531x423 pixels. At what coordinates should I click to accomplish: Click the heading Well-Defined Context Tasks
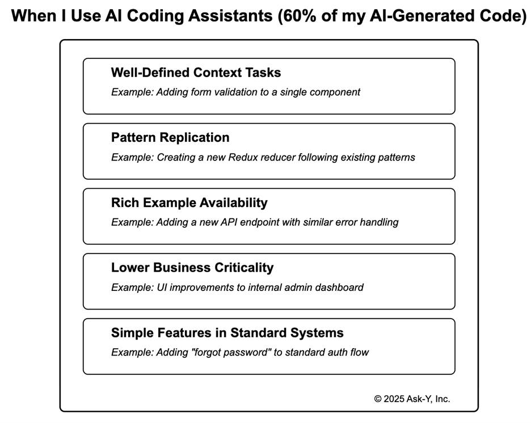(196, 73)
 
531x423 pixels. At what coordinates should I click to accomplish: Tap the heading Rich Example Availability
(189, 203)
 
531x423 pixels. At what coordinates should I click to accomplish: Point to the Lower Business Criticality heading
(192, 268)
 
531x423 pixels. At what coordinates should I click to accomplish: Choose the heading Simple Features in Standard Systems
(227, 333)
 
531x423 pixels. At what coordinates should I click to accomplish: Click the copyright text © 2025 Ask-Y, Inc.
(412, 399)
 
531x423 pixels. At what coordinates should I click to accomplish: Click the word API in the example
(233, 222)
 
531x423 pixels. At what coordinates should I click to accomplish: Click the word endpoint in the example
(266, 222)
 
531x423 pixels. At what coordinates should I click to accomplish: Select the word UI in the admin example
(160, 287)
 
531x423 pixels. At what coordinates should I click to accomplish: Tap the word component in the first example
(335, 92)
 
